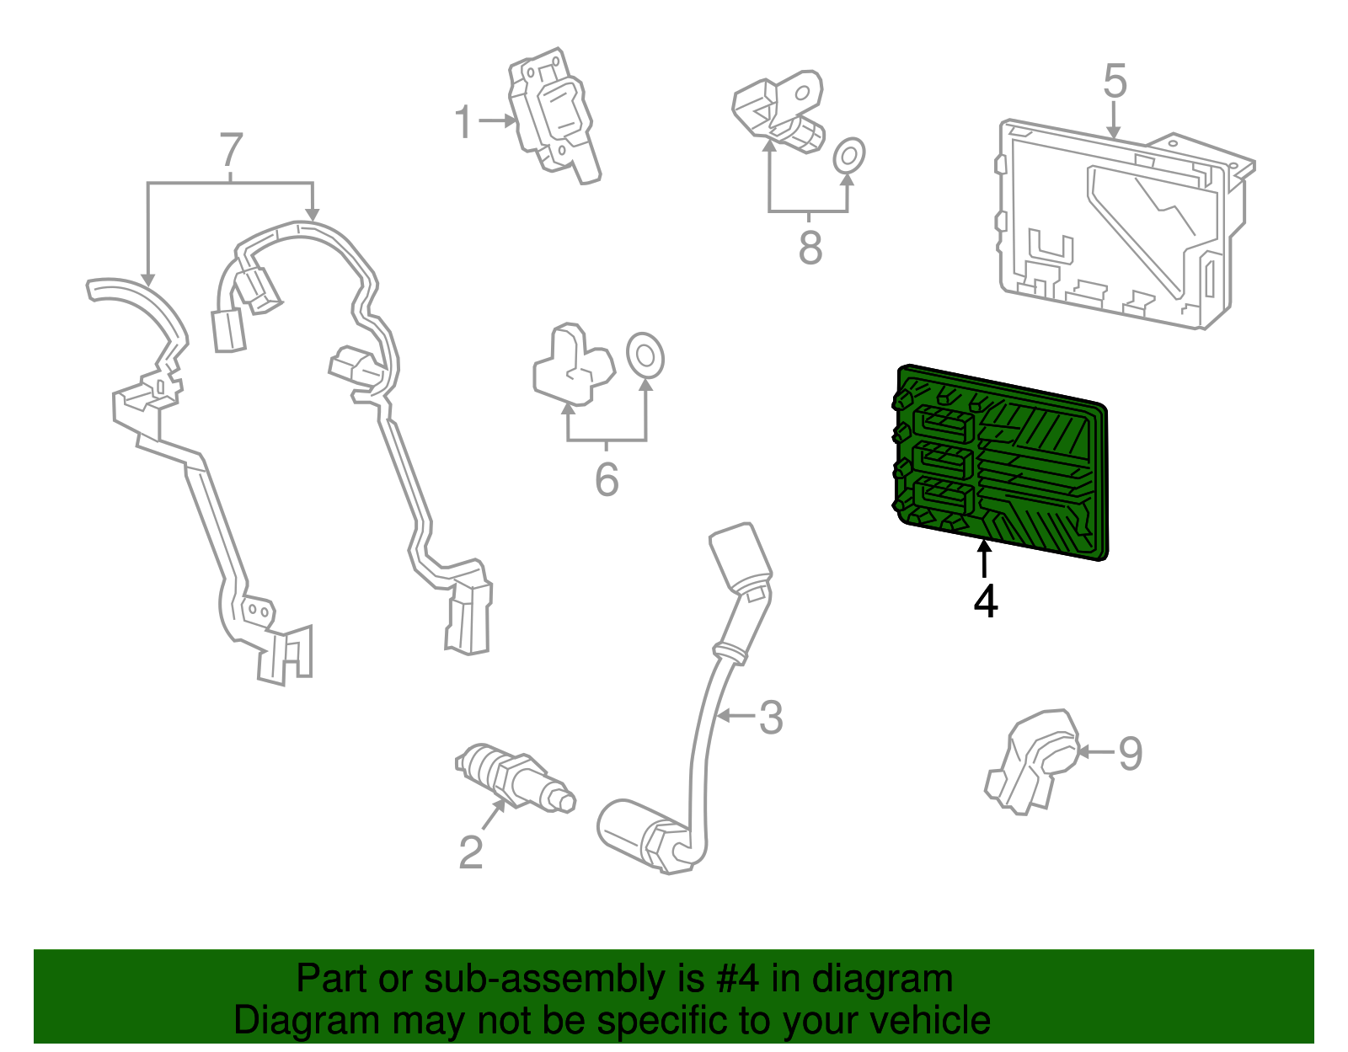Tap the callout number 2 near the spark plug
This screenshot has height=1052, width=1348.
pos(471,852)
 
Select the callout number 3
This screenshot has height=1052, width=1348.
pos(771,718)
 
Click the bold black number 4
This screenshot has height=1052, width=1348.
pos(986,601)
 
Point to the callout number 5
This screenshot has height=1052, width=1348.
pos(1115,82)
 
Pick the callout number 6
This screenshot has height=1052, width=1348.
pos(607,480)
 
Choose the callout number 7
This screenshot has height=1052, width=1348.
pos(231,152)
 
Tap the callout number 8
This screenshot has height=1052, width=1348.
pos(810,248)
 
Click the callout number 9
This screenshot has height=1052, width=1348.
pos(1130,753)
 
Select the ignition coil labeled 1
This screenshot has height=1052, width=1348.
pos(552,114)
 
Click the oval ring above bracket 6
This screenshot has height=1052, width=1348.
pos(645,355)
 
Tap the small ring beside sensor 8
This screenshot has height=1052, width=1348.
pos(848,155)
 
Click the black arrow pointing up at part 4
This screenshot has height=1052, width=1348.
pos(984,559)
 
